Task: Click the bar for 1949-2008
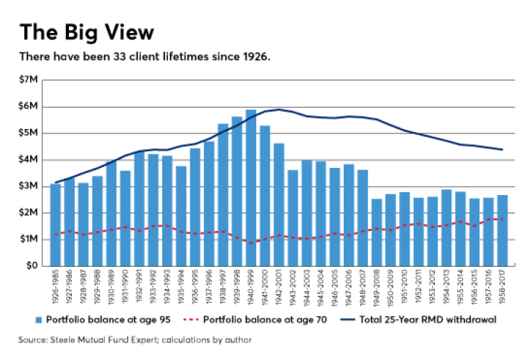coord(377,232)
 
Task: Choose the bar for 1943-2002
coord(293,218)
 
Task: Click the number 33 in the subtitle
coord(120,57)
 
